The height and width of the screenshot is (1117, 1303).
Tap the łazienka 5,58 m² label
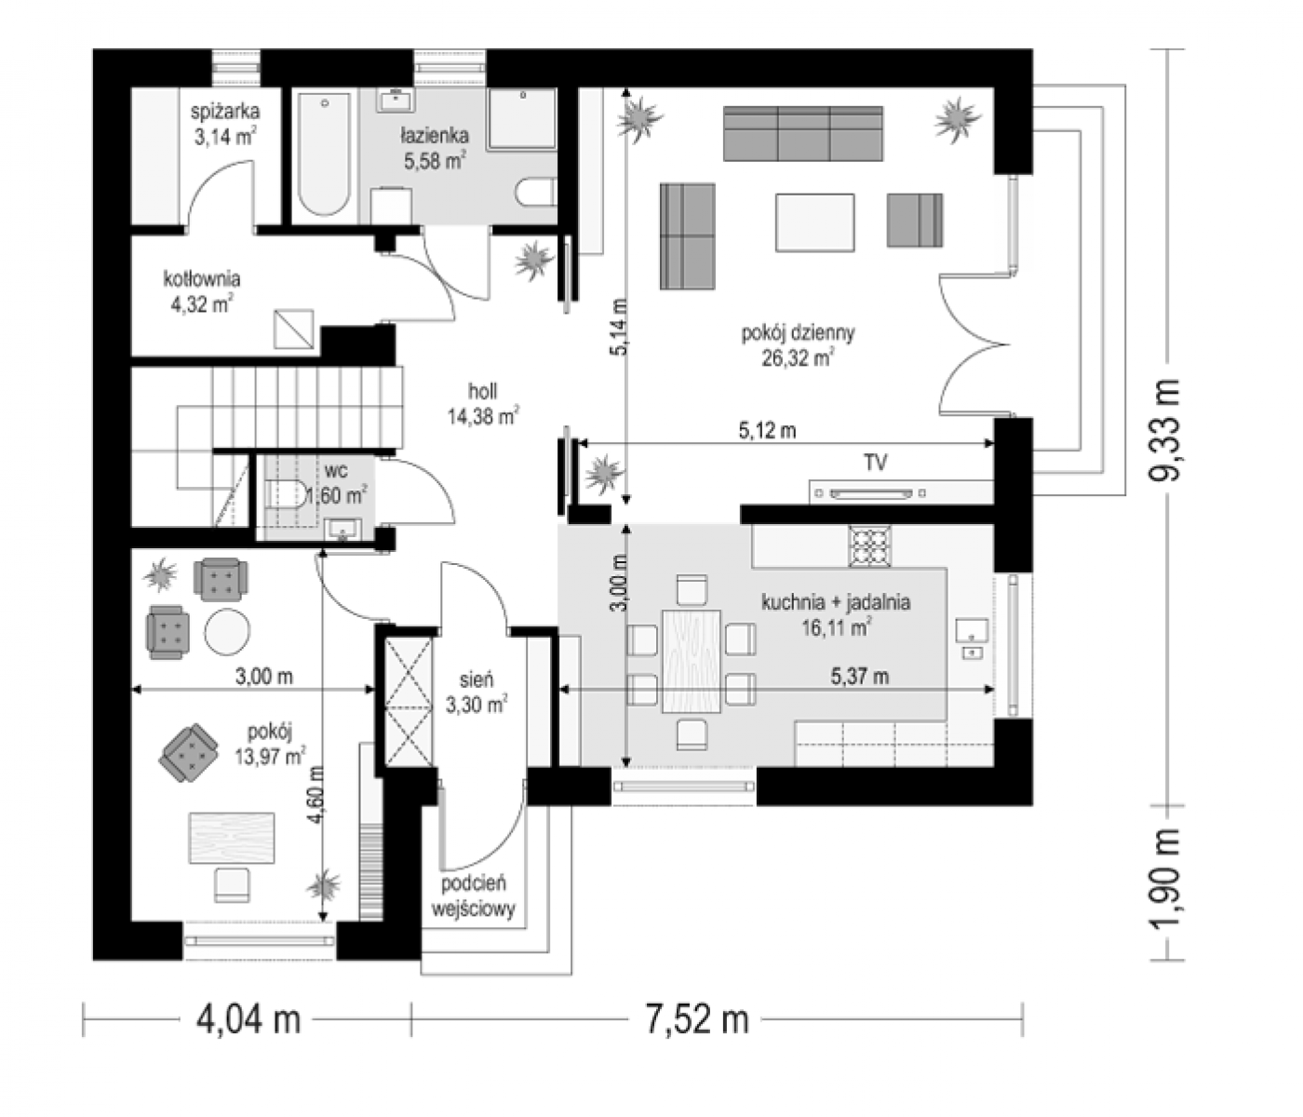[x=435, y=149]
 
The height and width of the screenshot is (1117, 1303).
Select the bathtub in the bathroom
[x=324, y=155]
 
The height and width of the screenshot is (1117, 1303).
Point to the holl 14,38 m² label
[x=483, y=404]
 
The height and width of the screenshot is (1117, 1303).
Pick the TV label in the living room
[x=876, y=464]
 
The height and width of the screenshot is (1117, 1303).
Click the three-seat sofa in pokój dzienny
[x=802, y=134]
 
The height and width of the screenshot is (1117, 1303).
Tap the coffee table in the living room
[x=815, y=222]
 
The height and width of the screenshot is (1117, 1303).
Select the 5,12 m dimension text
[x=767, y=431]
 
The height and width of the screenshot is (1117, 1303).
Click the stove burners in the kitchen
[x=870, y=545]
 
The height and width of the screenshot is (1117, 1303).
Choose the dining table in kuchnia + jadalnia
[x=692, y=661]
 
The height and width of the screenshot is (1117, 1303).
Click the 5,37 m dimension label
[x=859, y=677]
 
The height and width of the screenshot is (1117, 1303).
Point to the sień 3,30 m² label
[x=477, y=693]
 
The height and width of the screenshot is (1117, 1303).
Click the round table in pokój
[x=227, y=631]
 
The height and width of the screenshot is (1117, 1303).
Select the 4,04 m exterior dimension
[x=249, y=1018]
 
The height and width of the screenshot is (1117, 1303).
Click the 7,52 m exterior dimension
[x=696, y=1018]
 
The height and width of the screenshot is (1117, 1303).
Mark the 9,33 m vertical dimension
[x=1163, y=431]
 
